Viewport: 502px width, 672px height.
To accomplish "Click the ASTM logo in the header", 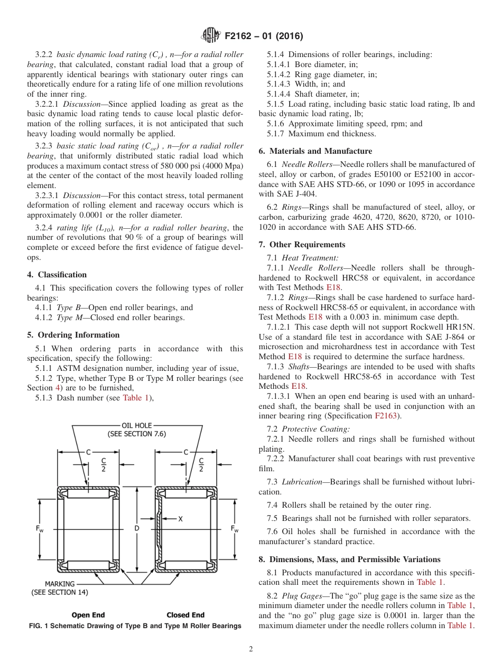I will click(x=211, y=36).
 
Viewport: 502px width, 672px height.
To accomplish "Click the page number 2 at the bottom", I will click(x=251, y=649).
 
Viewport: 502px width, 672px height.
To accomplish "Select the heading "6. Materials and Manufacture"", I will click(x=315, y=151).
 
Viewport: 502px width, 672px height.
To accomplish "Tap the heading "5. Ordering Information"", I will click(x=73, y=335).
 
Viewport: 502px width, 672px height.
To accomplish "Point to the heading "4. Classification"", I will click(x=57, y=275).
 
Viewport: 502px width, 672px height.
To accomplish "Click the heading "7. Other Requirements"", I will click(x=302, y=245).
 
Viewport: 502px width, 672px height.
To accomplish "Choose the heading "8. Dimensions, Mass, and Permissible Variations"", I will click(x=349, y=559).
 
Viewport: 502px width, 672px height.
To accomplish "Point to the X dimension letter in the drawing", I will click(x=181, y=519).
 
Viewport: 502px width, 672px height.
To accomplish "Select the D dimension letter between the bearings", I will click(x=137, y=528).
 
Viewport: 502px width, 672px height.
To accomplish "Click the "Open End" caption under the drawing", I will click(x=88, y=615).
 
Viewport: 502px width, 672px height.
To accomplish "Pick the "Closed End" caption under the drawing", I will click(x=185, y=615).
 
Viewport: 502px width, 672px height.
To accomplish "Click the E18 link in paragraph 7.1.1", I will click(x=333, y=288).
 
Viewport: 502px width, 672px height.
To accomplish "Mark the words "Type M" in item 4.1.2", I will click(x=68, y=318).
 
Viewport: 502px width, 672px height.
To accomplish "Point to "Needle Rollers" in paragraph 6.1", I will click(x=306, y=165).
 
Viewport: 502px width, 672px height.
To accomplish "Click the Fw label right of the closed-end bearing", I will click(x=235, y=529).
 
